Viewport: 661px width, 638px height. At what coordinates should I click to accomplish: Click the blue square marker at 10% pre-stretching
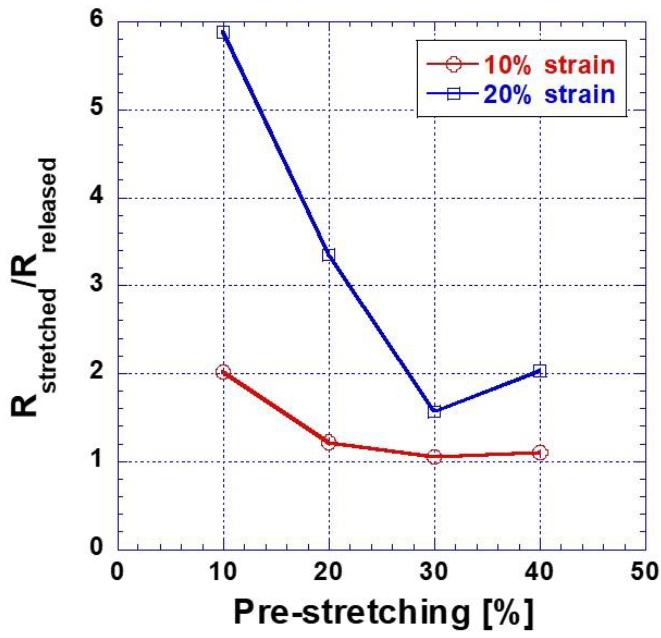(x=223, y=33)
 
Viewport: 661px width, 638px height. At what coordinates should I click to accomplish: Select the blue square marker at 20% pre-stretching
(x=329, y=255)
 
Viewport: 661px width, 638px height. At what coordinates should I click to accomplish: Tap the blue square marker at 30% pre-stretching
(x=434, y=411)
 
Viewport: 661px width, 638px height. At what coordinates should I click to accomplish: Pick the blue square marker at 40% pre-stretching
(x=540, y=371)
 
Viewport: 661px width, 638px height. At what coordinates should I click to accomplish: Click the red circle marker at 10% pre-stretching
(x=223, y=372)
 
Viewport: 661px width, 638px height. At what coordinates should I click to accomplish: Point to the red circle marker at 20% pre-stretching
(x=329, y=442)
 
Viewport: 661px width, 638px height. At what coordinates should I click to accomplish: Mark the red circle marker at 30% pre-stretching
(x=434, y=457)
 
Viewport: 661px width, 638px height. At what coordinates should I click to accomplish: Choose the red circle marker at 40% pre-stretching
(x=540, y=453)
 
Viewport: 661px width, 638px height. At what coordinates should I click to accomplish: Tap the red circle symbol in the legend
(x=453, y=64)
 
